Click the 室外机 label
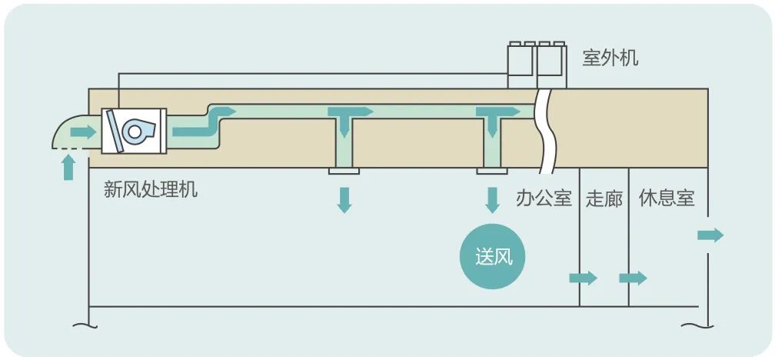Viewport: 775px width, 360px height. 610,58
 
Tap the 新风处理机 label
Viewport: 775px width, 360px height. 151,190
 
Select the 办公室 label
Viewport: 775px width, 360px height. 544,198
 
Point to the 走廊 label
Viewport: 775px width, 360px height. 604,198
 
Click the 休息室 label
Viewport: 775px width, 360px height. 667,198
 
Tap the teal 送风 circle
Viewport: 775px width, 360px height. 492,256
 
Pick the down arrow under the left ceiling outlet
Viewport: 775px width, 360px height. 344,198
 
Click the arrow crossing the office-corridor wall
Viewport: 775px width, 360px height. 583,278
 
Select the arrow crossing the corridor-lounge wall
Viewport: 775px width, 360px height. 633,278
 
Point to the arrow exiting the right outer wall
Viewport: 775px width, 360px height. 710,235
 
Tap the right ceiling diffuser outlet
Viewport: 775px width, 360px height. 492,170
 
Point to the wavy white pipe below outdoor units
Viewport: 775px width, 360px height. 550,131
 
